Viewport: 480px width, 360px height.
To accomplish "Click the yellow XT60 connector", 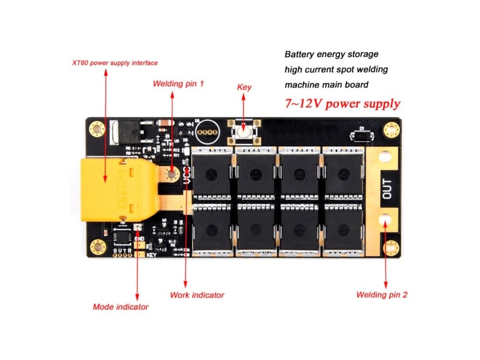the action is pyautogui.click(x=117, y=190).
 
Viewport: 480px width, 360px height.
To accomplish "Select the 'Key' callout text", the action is pyautogui.click(x=244, y=87).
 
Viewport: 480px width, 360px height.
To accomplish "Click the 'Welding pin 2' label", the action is pyautogui.click(x=382, y=295).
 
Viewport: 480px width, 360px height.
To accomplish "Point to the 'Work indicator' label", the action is pyautogui.click(x=197, y=295).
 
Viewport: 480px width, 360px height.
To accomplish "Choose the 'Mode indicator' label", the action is pyautogui.click(x=120, y=307).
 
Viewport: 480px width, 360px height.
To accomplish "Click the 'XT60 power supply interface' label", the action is pyautogui.click(x=115, y=63).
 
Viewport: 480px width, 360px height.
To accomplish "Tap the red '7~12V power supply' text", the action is pyautogui.click(x=343, y=104).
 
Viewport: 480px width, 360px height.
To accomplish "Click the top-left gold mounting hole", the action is pyautogui.click(x=97, y=128).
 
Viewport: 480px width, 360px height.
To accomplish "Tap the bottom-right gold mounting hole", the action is pyautogui.click(x=390, y=247).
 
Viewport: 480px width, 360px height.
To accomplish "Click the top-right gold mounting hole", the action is pyautogui.click(x=390, y=129).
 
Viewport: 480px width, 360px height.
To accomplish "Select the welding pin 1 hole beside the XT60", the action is pyautogui.click(x=172, y=173).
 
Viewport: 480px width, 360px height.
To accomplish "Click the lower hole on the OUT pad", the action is pyautogui.click(x=386, y=219).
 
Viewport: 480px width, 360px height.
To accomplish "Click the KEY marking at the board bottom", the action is pyautogui.click(x=151, y=255).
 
